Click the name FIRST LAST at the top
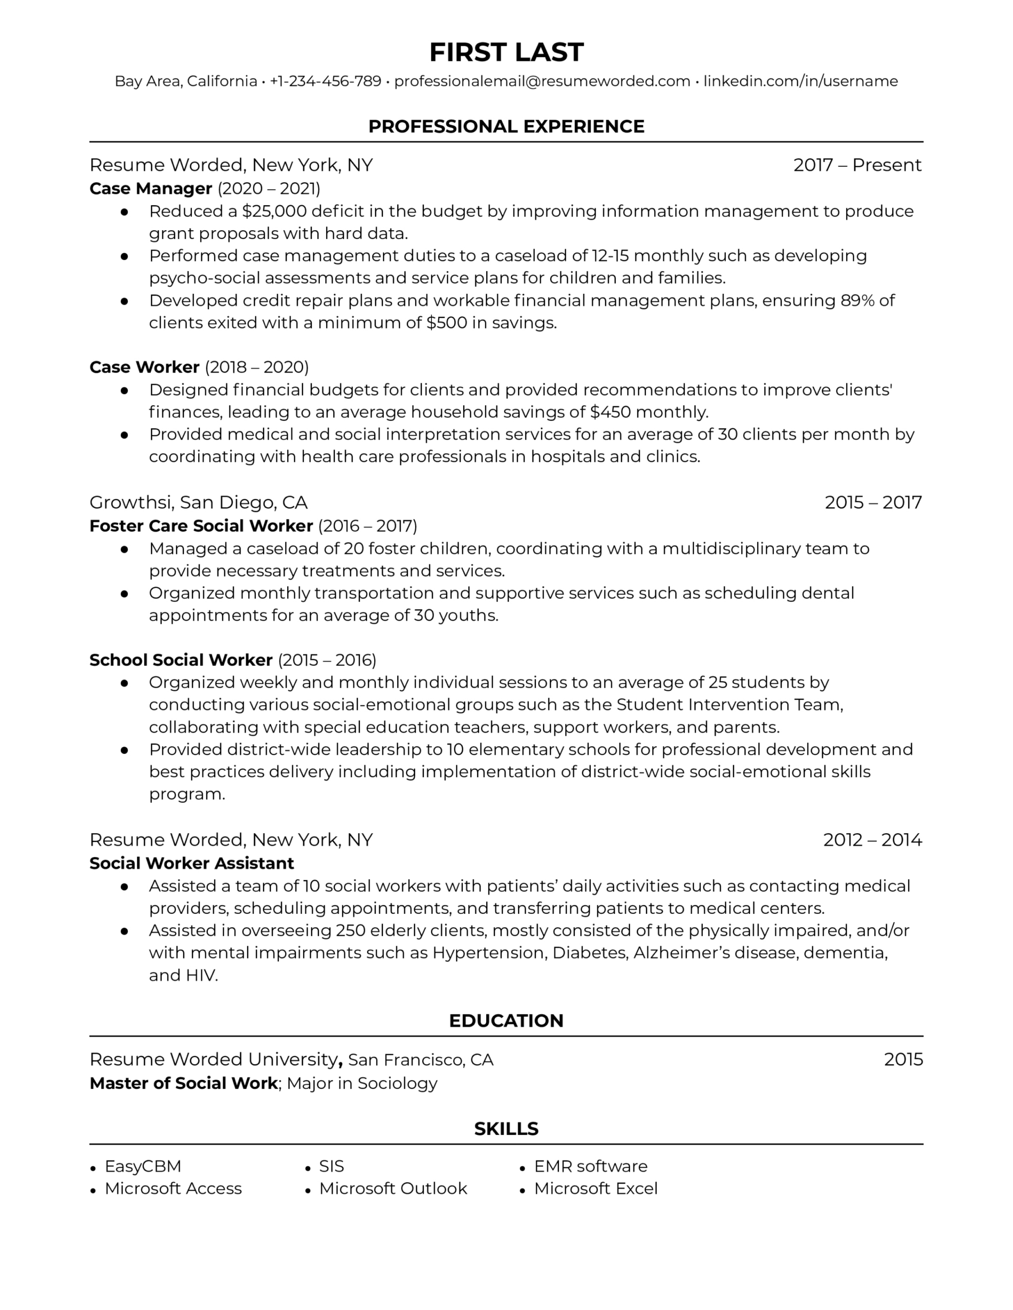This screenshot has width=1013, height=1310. coord(506,52)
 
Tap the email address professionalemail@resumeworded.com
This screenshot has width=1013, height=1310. coord(542,81)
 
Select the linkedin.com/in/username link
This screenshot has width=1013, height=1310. coord(801,81)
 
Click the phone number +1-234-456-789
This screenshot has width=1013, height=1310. coord(325,81)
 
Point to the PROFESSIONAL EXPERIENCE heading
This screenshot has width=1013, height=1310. coord(506,126)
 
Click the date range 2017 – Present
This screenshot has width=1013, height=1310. coord(857,165)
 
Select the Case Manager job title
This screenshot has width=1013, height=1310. coord(150,189)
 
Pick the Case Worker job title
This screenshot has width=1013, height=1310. coord(144,367)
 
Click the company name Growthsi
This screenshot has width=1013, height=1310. coord(132,502)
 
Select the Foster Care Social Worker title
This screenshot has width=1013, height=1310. coord(201,526)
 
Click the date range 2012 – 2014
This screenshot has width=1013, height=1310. coord(872,840)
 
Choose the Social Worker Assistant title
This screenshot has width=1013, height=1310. coord(191,864)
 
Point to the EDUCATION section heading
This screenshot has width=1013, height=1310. coord(506,1021)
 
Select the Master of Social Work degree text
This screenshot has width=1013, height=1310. coord(184,1083)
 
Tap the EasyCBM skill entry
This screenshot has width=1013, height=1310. coord(143,1166)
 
